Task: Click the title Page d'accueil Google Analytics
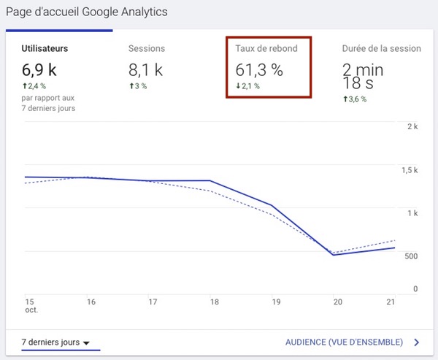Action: [x=86, y=12]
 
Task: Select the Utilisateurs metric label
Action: [x=45, y=49]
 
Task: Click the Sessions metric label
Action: [x=147, y=49]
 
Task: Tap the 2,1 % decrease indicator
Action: [x=248, y=86]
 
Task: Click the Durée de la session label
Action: [x=381, y=49]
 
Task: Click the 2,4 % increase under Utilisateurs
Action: [x=34, y=86]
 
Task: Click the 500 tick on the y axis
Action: [x=410, y=256]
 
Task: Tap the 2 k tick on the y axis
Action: [x=412, y=126]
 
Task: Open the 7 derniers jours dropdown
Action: [x=55, y=342]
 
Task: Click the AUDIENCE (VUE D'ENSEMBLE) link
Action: [x=344, y=342]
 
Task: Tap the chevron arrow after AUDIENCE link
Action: [x=416, y=342]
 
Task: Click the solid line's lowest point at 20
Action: [x=333, y=255]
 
